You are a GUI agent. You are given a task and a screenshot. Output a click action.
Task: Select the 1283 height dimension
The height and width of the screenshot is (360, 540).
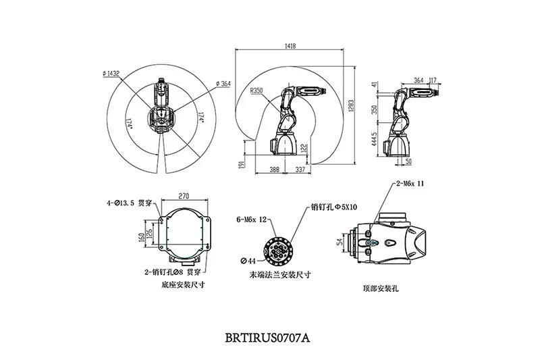pos(349,108)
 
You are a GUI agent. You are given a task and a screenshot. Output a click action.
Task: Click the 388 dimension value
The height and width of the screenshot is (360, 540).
pos(273,170)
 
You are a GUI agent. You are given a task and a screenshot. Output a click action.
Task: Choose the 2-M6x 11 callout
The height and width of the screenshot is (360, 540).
pos(410,183)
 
